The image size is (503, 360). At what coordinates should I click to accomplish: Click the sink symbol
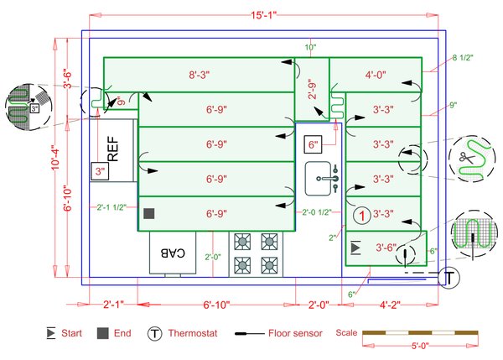[322, 175]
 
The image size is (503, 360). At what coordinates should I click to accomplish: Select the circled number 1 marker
[360, 215]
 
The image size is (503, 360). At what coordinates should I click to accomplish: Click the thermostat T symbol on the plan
[450, 277]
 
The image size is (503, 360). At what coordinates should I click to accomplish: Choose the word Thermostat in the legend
[193, 334]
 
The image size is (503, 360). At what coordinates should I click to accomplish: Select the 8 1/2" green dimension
[463, 59]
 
